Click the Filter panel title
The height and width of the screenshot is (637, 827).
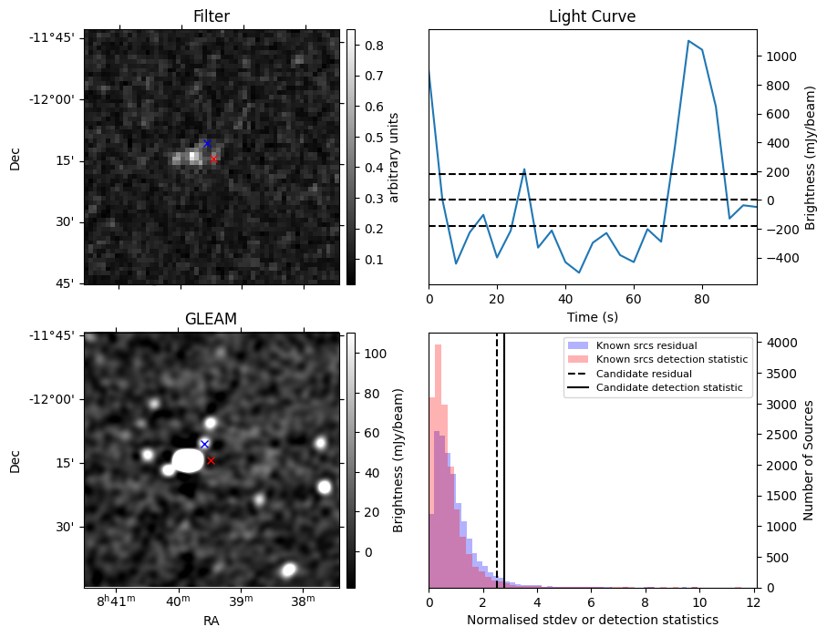coord(212,16)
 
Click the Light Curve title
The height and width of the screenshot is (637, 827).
coord(592,16)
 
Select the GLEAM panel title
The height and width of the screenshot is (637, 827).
coord(212,318)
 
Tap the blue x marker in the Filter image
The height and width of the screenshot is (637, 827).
coord(207,143)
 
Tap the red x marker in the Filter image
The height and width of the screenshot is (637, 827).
coord(213,159)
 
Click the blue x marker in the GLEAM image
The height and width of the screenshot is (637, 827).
coord(204,444)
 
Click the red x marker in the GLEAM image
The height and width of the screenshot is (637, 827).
coord(211,460)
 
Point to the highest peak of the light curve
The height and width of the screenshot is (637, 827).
coord(688,41)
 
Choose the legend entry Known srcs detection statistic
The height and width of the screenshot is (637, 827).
coord(671,360)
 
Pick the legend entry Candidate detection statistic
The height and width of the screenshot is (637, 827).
coord(668,388)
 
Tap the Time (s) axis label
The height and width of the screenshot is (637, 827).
coord(592,314)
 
